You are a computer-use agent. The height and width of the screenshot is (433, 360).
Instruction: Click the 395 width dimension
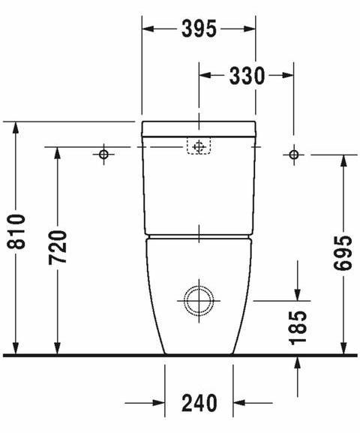click(199, 29)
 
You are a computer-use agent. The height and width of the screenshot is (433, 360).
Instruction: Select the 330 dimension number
click(247, 75)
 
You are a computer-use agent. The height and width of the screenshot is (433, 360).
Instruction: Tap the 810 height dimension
click(16, 231)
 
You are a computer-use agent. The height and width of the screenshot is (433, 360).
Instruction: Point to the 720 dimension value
click(58, 247)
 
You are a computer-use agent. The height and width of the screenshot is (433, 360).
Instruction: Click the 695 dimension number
click(343, 253)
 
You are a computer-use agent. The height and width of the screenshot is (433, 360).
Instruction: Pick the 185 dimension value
click(298, 328)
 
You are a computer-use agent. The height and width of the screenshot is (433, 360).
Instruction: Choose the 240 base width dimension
click(199, 403)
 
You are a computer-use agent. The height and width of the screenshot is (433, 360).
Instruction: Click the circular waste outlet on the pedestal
click(199, 301)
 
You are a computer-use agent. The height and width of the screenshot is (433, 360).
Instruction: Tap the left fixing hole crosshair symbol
click(103, 155)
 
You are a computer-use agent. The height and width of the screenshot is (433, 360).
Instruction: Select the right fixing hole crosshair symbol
click(293, 155)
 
